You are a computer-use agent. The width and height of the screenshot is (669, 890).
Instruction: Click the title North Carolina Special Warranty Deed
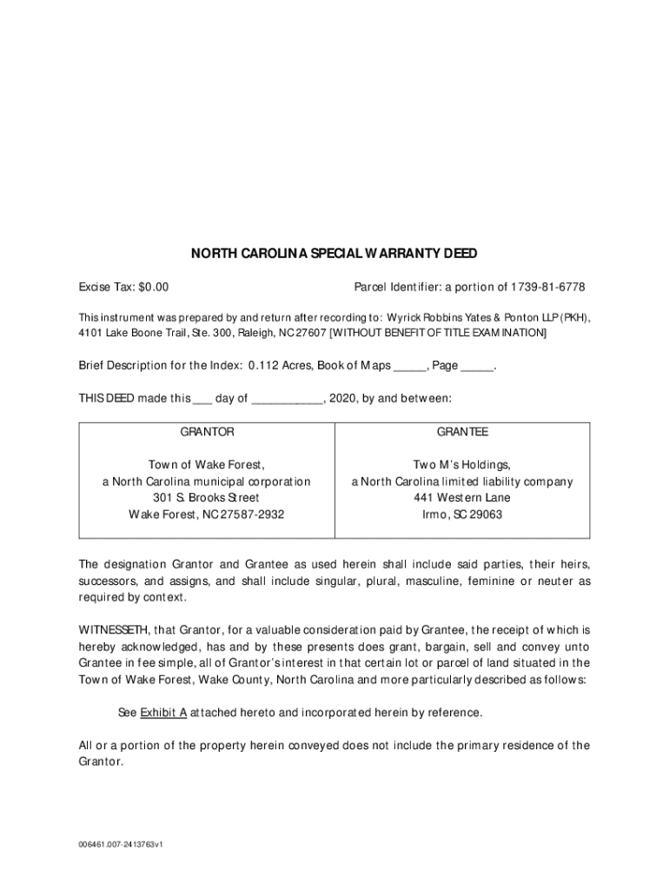334,254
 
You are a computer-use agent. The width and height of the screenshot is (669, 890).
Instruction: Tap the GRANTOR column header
207,432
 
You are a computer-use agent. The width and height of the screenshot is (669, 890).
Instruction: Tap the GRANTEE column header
462,432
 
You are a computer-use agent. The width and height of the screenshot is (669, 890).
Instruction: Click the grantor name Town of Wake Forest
207,465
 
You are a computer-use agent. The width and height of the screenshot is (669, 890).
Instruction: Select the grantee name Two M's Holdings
462,465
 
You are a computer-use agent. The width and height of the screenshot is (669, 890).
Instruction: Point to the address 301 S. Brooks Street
207,498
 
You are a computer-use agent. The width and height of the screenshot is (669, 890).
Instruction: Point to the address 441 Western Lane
462,498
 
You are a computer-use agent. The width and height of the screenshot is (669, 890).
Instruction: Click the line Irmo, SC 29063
462,515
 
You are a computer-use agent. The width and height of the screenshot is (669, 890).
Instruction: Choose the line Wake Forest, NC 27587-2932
207,515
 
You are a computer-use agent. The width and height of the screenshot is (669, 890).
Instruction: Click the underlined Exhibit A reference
163,713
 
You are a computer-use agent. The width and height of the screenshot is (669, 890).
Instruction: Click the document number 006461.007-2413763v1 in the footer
121,844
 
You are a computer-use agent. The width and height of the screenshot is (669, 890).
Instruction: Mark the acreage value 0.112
264,367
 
